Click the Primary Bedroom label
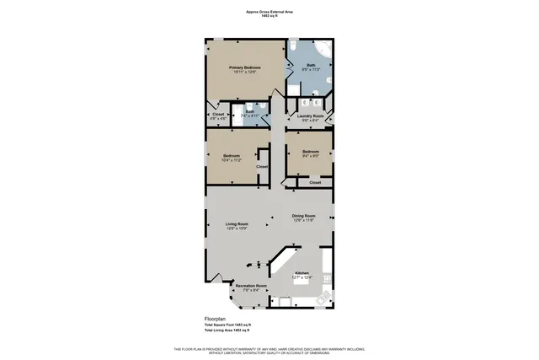[245, 67]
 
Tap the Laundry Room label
[311, 116]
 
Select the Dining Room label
[304, 215]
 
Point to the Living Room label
[237, 224]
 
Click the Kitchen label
[302, 272]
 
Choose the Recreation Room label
[251, 286]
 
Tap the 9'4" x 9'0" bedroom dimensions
[311, 155]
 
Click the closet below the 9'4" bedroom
[315, 182]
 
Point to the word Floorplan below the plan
[216, 319]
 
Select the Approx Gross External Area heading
[269, 12]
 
